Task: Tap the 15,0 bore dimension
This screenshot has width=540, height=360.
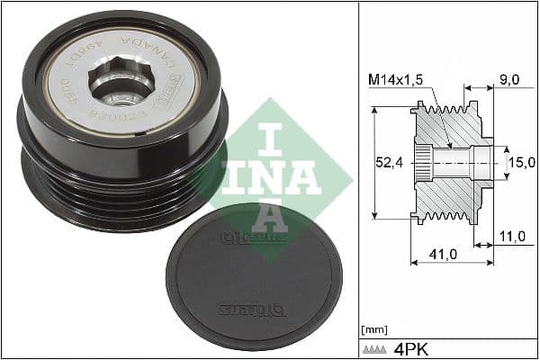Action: pyautogui.click(x=521, y=162)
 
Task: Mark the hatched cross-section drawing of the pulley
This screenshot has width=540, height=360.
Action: pyautogui.click(x=450, y=162)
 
